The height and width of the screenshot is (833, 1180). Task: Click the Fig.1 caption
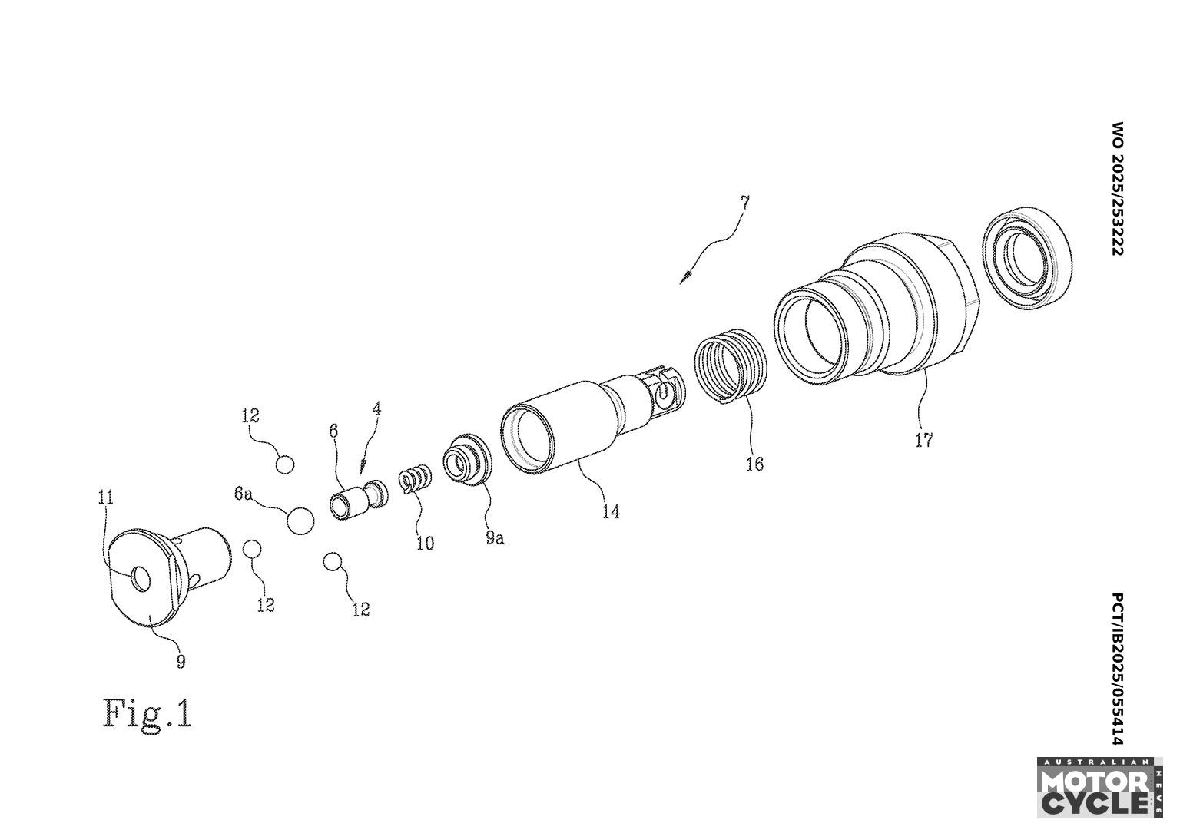pos(147,713)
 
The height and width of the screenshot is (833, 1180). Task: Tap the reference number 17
pos(923,440)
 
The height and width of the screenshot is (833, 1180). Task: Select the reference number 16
pos(754,464)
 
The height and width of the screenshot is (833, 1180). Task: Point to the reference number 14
pos(611,511)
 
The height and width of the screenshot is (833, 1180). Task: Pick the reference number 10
pos(425,543)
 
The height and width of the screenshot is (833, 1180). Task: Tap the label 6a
pos(243,494)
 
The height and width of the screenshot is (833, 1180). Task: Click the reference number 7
pos(744,203)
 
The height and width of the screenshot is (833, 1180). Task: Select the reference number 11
pos(105,497)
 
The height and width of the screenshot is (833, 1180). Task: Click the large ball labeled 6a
pos(300,521)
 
